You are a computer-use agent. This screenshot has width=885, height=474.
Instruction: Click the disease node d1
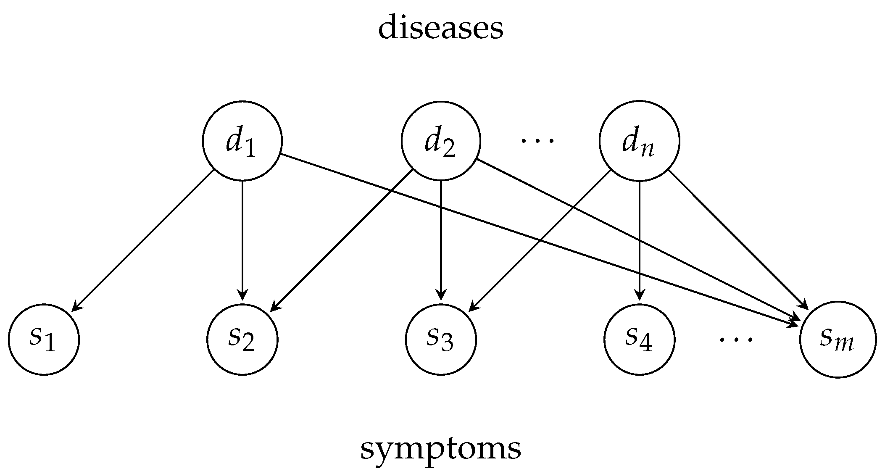242,141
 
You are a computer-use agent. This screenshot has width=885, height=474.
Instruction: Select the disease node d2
440,141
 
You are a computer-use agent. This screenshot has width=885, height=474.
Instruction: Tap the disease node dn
639,141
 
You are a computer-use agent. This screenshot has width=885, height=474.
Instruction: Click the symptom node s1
44,339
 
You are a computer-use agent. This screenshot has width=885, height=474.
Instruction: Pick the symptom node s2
242,339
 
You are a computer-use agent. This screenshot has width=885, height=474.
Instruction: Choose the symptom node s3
440,339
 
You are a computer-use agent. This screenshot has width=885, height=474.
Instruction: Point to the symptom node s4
639,339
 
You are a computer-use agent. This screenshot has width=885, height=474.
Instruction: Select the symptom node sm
838,339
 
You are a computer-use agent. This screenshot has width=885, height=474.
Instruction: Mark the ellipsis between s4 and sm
736,339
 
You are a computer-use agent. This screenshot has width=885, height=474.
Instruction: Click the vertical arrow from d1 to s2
242,240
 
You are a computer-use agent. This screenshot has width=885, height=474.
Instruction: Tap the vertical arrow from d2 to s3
440,240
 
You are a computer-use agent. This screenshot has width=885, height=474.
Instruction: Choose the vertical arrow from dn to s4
639,240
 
